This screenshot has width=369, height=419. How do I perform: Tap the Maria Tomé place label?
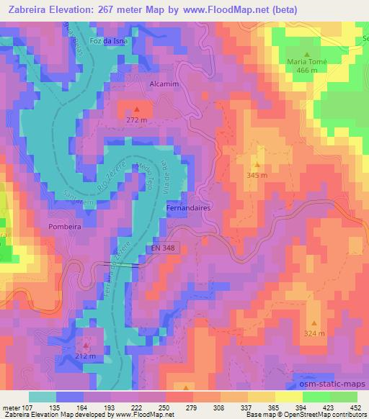pyautogui.click(x=308, y=62)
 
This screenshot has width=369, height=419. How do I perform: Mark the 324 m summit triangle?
pyautogui.click(x=314, y=323)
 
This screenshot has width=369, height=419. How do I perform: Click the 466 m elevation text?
pyautogui.click(x=307, y=71)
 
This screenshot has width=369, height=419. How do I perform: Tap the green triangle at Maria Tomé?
pyautogui.click(x=307, y=54)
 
